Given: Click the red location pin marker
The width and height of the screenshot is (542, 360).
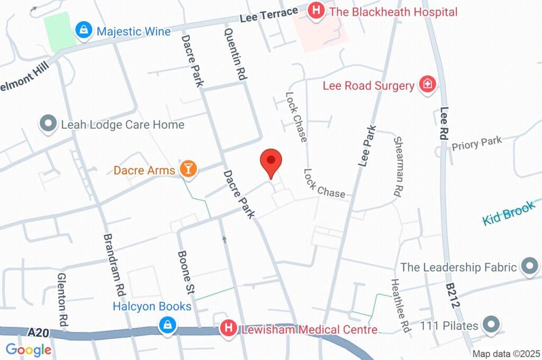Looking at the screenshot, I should coord(271,161).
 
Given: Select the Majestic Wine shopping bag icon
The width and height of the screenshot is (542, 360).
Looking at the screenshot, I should coord(84,31).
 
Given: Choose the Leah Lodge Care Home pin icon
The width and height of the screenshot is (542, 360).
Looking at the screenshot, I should coord(48,124).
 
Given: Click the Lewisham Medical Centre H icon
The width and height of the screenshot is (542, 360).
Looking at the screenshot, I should coord(228,328).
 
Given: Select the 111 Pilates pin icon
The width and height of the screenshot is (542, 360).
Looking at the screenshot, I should coord(492,324).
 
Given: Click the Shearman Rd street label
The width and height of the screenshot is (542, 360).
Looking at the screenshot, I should coord(398,167).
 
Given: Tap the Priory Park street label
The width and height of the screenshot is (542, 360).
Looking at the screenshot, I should coord(476,143).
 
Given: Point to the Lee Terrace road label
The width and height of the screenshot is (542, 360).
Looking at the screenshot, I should coord(268,16).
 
